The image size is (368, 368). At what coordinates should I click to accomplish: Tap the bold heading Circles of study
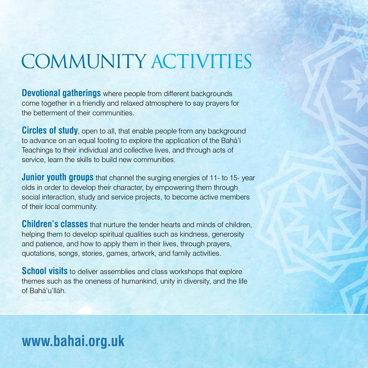(50, 131)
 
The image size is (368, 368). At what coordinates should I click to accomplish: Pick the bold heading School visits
(45, 272)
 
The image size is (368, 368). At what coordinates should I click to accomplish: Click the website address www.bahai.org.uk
(73, 341)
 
